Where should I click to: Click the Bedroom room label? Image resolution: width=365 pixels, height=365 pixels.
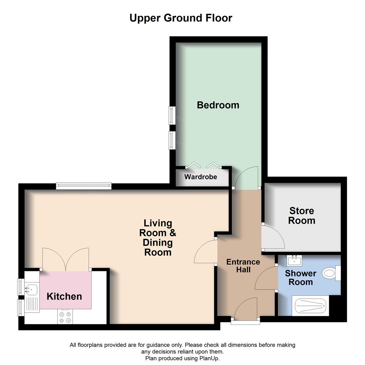(x=218, y=105)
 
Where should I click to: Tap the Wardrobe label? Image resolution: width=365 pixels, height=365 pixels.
(x=201, y=177)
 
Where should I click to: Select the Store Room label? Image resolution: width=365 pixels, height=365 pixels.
(x=301, y=216)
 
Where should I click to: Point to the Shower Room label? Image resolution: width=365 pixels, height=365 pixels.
(x=300, y=277)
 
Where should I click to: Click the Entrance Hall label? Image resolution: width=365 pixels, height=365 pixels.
(x=243, y=266)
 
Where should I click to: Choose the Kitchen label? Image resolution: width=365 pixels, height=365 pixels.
(x=64, y=296)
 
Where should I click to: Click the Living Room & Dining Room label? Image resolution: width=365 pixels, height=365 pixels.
(x=158, y=238)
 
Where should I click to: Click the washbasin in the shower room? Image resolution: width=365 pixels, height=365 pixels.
(x=294, y=261)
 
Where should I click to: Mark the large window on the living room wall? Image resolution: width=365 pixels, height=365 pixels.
(x=83, y=186)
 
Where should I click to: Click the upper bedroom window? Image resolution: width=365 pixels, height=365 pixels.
(x=172, y=115)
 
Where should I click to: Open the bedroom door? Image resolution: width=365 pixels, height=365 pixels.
(x=247, y=178)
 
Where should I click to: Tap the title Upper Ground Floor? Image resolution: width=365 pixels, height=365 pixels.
(x=181, y=18)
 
